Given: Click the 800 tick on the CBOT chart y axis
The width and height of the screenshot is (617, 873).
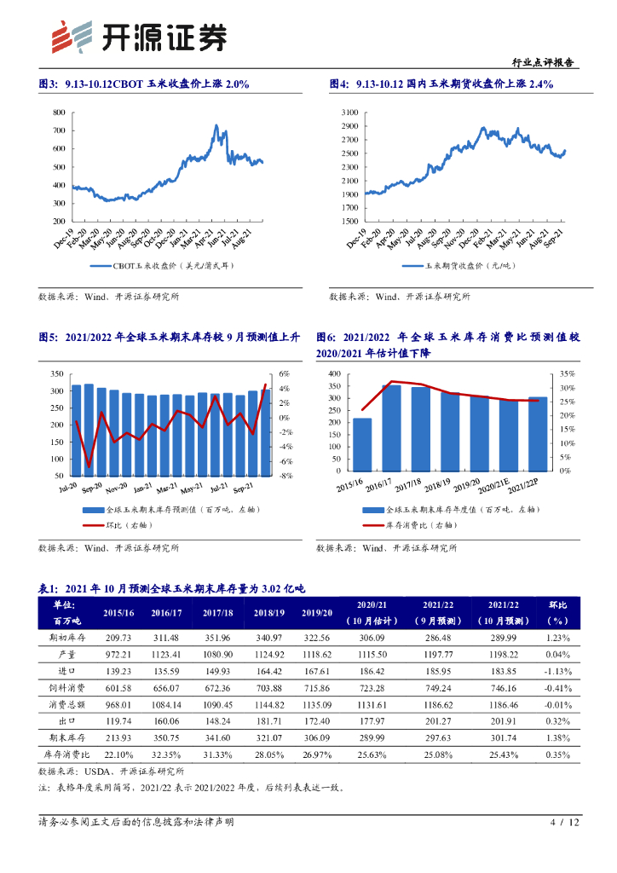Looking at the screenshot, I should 58,113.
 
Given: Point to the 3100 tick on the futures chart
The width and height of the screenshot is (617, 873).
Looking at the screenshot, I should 350,113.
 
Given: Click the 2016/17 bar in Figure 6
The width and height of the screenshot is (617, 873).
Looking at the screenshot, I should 391,427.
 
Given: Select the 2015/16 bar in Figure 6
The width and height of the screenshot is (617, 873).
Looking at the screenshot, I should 362,443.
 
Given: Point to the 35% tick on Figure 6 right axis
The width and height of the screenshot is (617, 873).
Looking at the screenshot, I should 568,373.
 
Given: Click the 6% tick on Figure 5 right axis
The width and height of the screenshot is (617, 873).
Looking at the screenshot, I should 285,374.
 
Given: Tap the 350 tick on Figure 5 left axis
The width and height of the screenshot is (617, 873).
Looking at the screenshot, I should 57,374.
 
